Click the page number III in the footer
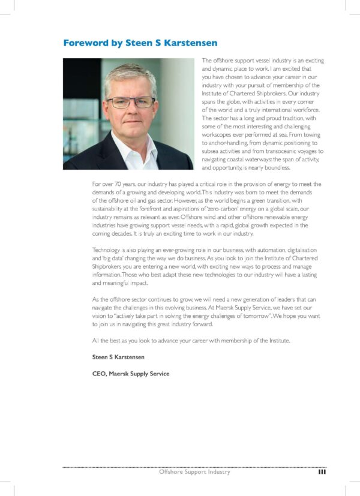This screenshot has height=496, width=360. tap(322, 472)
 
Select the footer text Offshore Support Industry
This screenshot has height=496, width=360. tap(194, 472)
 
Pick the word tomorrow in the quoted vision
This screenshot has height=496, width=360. tap(253, 315)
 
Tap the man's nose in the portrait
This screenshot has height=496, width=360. tap(131, 110)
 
